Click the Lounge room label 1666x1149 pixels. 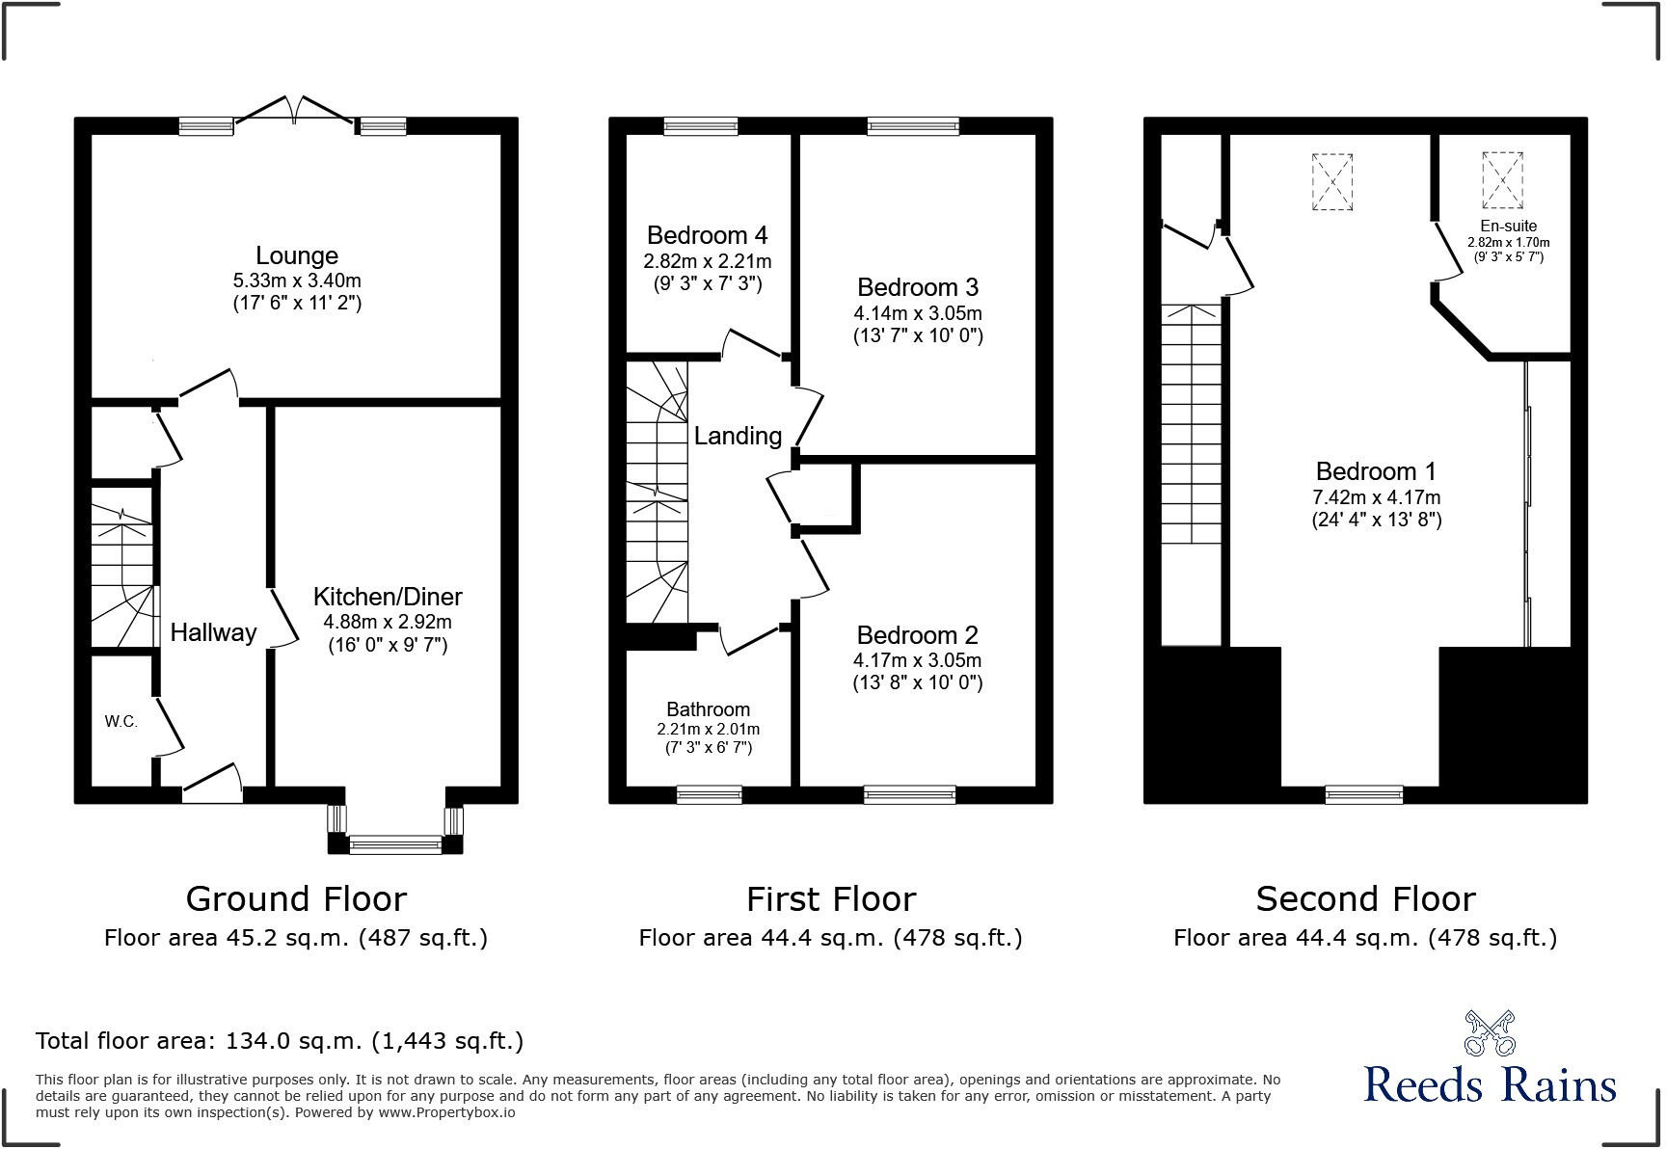click(297, 255)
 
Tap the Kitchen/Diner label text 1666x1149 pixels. click(388, 597)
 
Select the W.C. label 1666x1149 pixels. click(121, 722)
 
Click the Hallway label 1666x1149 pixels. click(213, 632)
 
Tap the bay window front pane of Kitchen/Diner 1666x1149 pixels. click(395, 846)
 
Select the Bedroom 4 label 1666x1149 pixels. click(707, 235)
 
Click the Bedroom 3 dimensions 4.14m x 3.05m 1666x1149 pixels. click(917, 313)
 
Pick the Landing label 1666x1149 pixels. click(738, 436)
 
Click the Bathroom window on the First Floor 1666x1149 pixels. click(709, 795)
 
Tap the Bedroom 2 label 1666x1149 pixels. click(917, 635)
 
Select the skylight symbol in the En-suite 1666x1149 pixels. click(1502, 180)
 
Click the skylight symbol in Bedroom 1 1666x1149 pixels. click(1332, 181)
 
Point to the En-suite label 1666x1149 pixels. click(1508, 227)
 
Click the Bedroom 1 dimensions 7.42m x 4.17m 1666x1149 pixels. click(1376, 497)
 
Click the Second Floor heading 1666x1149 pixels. click(1365, 899)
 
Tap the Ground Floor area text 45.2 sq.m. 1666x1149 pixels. click(296, 938)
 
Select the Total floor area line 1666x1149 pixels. click(280, 1041)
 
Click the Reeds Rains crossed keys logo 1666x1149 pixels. click(1490, 1032)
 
